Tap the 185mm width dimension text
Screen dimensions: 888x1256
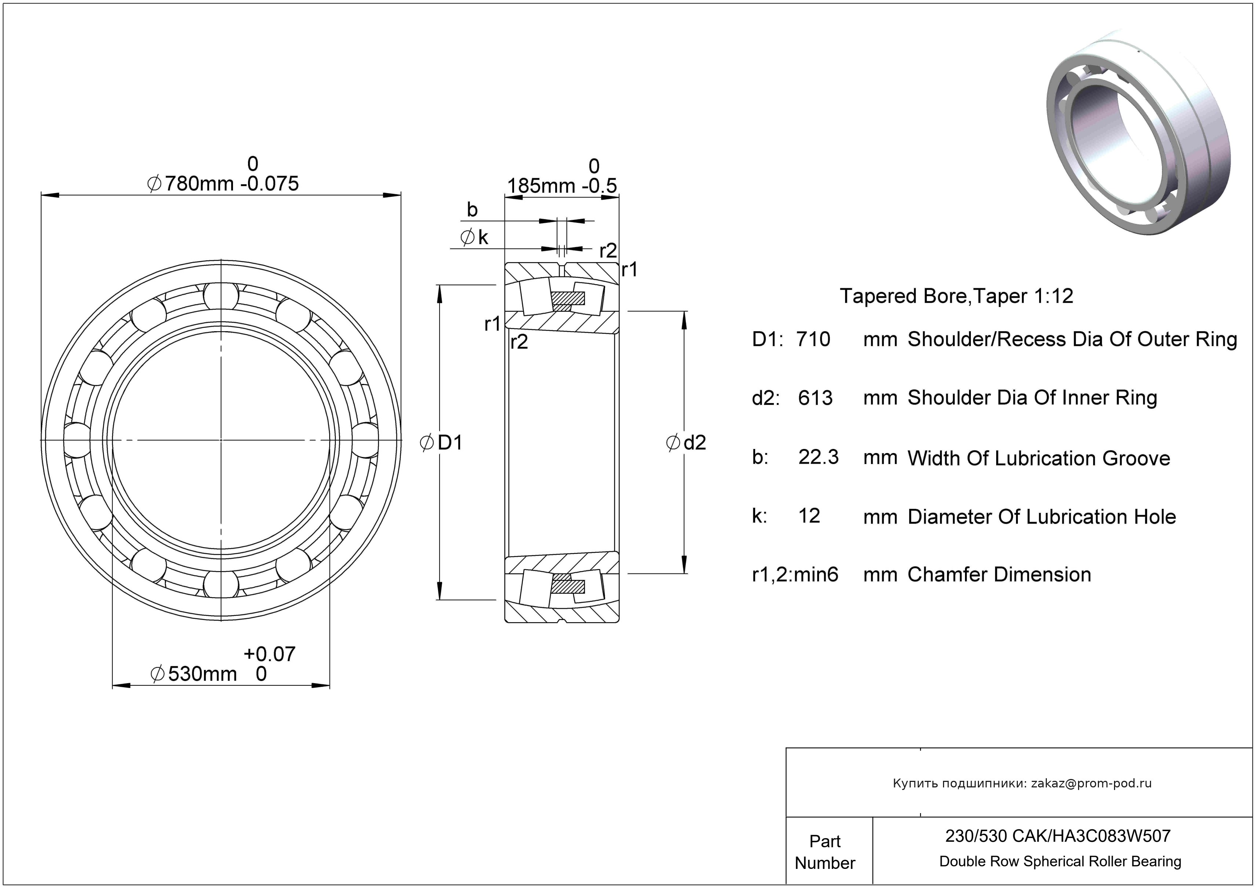(x=540, y=186)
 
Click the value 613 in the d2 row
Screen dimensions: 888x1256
(x=815, y=398)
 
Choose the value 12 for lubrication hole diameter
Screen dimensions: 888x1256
(x=809, y=516)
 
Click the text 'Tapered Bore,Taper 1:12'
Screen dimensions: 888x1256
(x=956, y=296)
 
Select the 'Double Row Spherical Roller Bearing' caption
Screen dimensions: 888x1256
(x=1060, y=861)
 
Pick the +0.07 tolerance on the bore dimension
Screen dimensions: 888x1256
(x=269, y=654)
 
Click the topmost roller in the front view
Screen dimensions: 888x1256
(x=221, y=296)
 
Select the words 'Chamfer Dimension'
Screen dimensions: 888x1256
(x=999, y=575)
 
